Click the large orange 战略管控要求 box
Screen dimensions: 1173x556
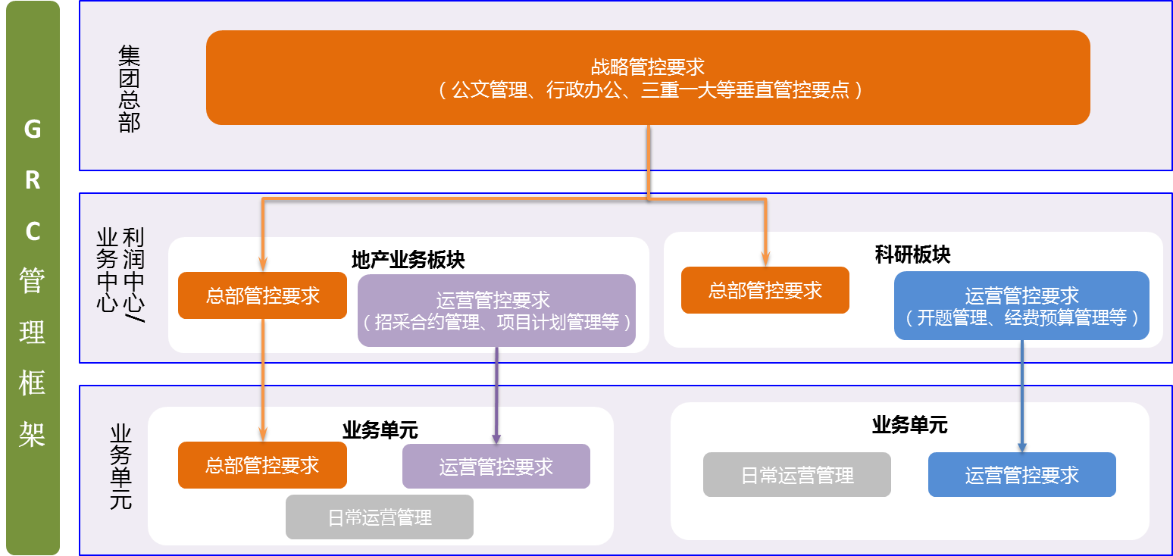[648, 77]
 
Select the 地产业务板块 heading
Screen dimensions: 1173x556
[408, 260]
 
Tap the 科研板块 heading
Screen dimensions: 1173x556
[912, 255]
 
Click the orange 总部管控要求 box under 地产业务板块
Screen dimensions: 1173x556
[262, 295]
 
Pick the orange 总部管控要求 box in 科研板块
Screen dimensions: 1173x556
[765, 290]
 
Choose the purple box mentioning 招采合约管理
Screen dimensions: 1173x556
[496, 311]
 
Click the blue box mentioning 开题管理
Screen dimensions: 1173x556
[1021, 306]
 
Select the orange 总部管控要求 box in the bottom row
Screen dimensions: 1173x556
[262, 465]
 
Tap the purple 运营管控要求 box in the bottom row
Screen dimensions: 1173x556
[496, 466]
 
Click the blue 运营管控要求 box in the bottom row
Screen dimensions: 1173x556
[1021, 474]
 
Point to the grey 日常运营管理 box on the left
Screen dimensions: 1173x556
[380, 517]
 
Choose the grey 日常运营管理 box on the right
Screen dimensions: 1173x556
[797, 474]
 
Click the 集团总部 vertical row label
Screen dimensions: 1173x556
[129, 89]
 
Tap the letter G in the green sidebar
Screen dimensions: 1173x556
[33, 130]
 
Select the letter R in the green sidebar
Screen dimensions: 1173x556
[33, 180]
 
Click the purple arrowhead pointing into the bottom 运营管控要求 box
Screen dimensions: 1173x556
[496, 439]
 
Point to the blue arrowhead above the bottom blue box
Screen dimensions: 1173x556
[1021, 447]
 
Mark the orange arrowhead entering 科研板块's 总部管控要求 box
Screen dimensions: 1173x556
[765, 260]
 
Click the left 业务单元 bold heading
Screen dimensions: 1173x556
[380, 430]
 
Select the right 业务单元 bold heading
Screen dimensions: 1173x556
[909, 425]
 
